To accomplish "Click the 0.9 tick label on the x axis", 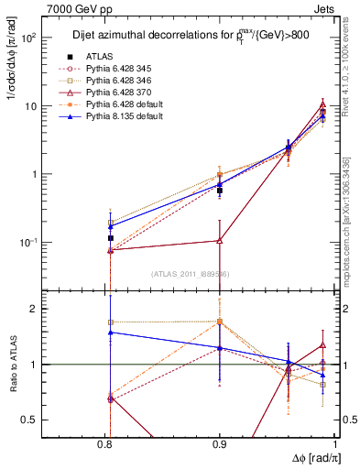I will pyautogui.click(x=219, y=445).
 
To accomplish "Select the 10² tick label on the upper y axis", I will pyautogui.click(x=54, y=38).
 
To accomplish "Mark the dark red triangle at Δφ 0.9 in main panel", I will pyautogui.click(x=219, y=240).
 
